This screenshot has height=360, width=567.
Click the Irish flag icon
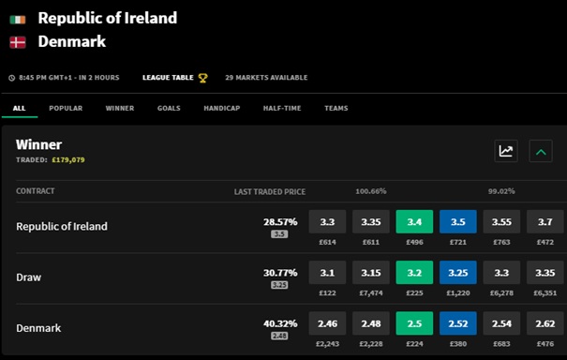click(x=18, y=20)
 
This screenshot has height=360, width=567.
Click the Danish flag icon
click(x=18, y=42)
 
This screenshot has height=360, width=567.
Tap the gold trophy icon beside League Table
click(x=202, y=78)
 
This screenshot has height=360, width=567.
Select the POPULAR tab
click(x=66, y=108)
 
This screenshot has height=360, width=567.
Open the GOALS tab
click(x=169, y=108)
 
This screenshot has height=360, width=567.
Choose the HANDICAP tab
click(x=222, y=108)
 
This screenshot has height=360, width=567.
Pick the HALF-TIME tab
click(x=282, y=108)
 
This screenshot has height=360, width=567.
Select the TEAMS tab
click(x=336, y=108)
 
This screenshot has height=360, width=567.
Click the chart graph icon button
click(x=506, y=151)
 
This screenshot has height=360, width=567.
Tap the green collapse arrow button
click(x=541, y=151)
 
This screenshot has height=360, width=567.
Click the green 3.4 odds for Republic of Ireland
click(x=414, y=221)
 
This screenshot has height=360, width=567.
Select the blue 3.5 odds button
click(x=458, y=221)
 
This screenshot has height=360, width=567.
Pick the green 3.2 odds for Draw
click(x=414, y=273)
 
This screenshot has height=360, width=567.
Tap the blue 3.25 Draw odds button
click(x=458, y=273)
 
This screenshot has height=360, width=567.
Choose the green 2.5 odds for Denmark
click(x=414, y=323)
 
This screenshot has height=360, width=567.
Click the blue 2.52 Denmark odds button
click(x=458, y=323)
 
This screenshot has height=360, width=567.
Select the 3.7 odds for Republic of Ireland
click(x=545, y=221)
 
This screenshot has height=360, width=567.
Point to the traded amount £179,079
click(x=68, y=160)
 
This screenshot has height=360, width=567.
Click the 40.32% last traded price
click(x=280, y=323)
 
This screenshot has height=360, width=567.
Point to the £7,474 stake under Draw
click(x=371, y=293)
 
